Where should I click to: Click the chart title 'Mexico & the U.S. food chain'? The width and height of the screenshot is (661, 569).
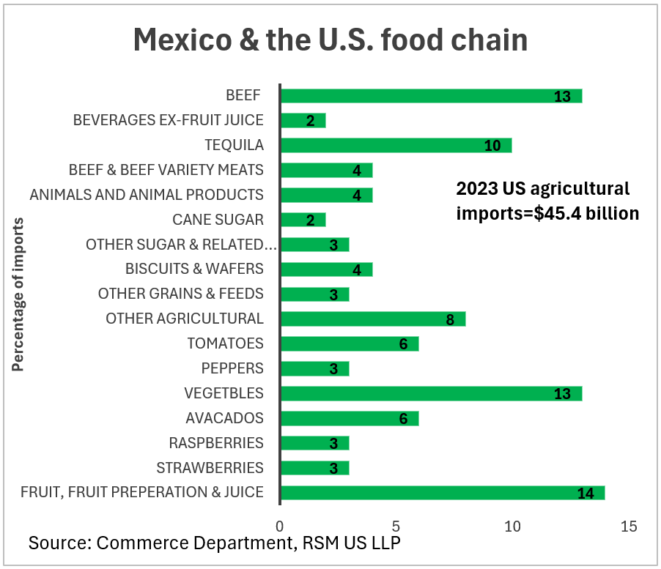[x=330, y=40]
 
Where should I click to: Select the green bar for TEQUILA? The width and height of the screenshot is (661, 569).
[x=396, y=145]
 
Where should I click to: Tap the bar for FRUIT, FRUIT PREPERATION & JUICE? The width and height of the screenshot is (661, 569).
[x=442, y=492]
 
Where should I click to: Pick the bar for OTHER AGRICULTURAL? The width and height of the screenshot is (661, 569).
[x=372, y=319]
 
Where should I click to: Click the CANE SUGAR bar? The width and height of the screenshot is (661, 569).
[x=303, y=220]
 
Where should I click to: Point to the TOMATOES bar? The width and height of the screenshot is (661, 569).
[x=349, y=343]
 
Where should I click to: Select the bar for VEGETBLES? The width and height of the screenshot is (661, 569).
[x=431, y=393]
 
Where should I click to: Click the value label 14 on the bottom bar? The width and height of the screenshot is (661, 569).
[x=585, y=493]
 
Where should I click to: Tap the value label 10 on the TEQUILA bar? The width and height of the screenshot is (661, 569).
[x=492, y=146]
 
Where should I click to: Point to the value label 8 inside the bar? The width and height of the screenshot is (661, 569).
[x=449, y=319]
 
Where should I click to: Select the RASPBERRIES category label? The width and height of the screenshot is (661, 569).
[x=216, y=443]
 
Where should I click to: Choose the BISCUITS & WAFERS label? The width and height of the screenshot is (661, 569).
[x=194, y=269]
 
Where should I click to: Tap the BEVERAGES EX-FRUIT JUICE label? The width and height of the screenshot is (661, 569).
[x=168, y=120]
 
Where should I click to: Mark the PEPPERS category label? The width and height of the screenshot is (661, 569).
[x=232, y=368]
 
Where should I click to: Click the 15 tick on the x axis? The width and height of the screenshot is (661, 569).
[x=627, y=526]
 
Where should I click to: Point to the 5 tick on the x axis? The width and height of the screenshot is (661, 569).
[x=396, y=526]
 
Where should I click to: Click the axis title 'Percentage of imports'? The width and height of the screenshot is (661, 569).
[x=18, y=294]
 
